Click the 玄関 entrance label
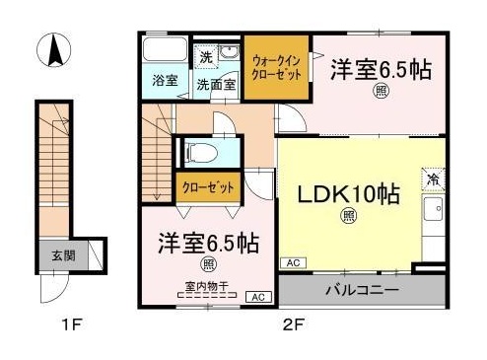63,255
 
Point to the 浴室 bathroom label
165,81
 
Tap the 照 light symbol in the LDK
348,215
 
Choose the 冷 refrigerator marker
433,180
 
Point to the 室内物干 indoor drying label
206,287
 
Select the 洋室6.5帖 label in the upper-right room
380,69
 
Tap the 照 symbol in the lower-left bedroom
209,263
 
